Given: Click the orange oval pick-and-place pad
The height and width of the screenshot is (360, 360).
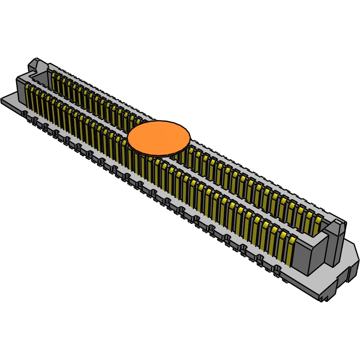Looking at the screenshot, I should pos(159,138).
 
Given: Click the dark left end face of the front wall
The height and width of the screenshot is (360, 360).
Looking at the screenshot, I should pos(21,90).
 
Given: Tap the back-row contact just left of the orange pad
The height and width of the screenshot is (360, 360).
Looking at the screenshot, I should pos(137,121).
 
